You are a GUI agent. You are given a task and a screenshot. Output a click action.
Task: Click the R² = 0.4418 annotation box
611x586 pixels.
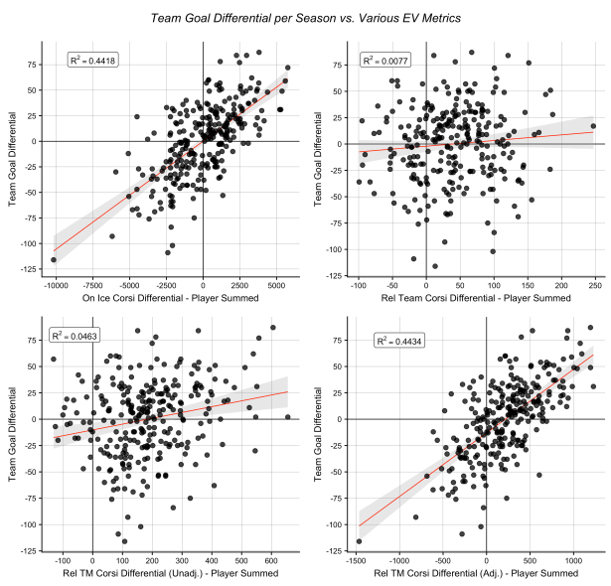point(91,62)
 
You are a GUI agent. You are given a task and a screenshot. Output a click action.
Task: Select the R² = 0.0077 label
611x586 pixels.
point(378,62)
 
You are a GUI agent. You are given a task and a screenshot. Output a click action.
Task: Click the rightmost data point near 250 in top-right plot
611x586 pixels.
point(593,126)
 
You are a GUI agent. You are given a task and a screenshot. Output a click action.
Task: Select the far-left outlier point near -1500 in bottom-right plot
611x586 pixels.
point(359,541)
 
